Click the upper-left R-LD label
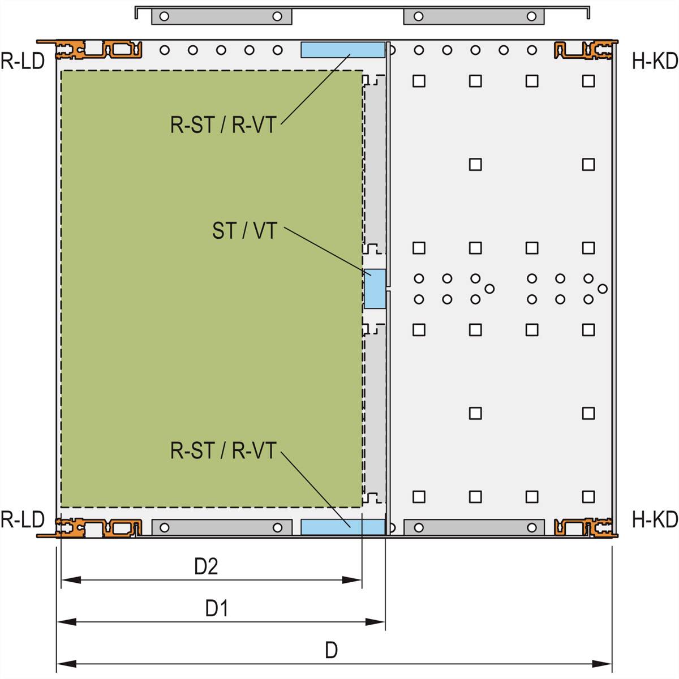[x=23, y=61]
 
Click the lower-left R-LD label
[x=23, y=519]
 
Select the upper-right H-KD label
[x=655, y=61]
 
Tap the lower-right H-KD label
[x=655, y=519]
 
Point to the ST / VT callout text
[x=244, y=231]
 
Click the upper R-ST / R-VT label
[x=223, y=125]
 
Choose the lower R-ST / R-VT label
[x=223, y=451]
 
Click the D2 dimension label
[x=206, y=566]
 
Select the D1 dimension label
[x=217, y=609]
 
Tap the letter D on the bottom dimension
[x=331, y=651]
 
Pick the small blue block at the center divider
[x=375, y=289]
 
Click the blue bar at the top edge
[x=342, y=50]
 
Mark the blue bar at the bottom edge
[x=342, y=527]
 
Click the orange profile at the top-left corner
[x=100, y=50]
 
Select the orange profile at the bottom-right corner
[x=584, y=527]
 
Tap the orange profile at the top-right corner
[x=584, y=50]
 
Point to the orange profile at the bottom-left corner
[x=100, y=527]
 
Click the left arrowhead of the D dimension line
[x=66, y=664]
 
